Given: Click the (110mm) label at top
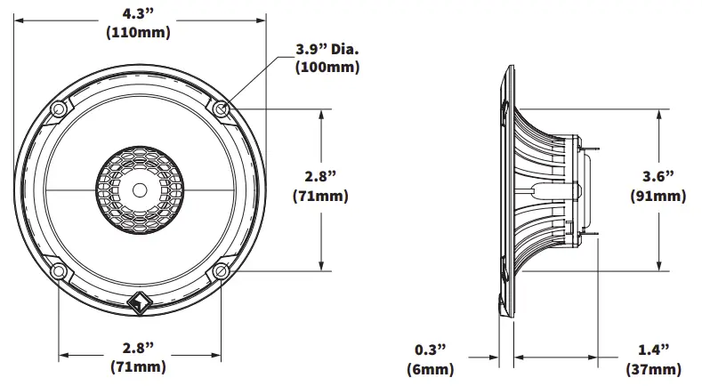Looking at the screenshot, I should tap(138, 33).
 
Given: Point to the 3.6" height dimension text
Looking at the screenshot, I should tap(657, 175).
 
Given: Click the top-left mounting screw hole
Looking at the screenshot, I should tap(59, 109).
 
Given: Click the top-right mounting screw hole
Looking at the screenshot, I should tap(221, 109).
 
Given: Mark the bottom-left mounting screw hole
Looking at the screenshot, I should tap(59, 270).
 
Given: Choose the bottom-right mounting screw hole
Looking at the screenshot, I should tap(221, 270).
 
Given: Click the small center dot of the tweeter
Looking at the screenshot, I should tap(140, 189).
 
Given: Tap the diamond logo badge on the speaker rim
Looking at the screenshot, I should tap(140, 303).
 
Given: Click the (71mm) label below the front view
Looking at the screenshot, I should tap(139, 366).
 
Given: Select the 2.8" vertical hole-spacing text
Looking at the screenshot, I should tap(319, 175).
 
